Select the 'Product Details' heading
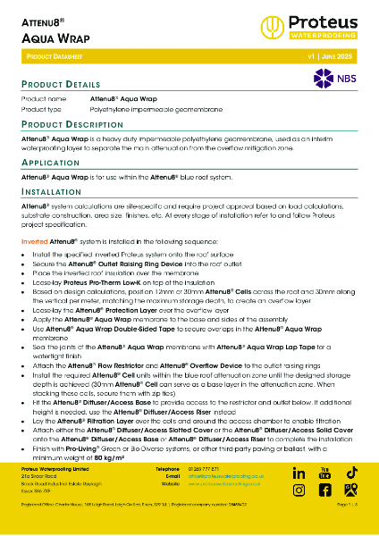(x=60, y=83)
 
